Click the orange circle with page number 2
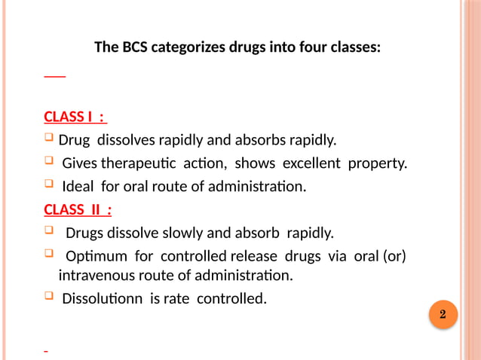(x=443, y=314)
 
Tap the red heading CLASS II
(x=78, y=209)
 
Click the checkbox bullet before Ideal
(x=49, y=185)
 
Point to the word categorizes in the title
(x=188, y=47)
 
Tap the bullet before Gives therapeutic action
(x=49, y=162)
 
